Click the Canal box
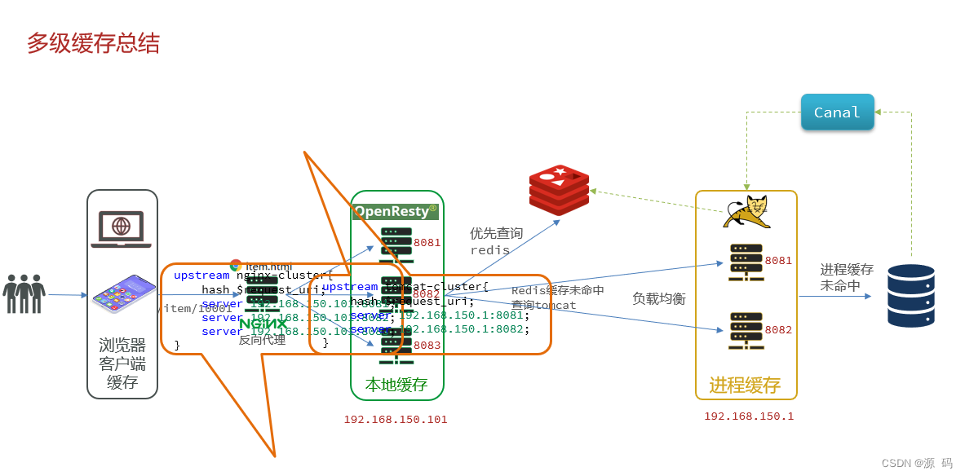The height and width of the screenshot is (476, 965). pyautogui.click(x=837, y=112)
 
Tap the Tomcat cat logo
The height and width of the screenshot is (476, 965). pyautogui.click(x=746, y=213)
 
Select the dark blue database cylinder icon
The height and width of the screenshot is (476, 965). pyautogui.click(x=911, y=296)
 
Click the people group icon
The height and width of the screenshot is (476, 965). pyautogui.click(x=24, y=293)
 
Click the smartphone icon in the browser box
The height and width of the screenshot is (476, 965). pyautogui.click(x=122, y=294)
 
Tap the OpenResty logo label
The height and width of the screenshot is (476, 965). pyautogui.click(x=396, y=212)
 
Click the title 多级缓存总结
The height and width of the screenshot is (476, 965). pyautogui.click(x=93, y=43)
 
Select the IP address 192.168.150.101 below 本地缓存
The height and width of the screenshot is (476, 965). pyautogui.click(x=396, y=420)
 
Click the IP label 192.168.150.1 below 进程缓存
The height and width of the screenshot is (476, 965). pyautogui.click(x=749, y=416)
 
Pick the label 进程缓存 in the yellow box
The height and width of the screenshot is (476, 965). pyautogui.click(x=745, y=386)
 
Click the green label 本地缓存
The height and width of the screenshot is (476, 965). pyautogui.click(x=396, y=385)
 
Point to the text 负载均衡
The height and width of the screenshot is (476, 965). pyautogui.click(x=659, y=299)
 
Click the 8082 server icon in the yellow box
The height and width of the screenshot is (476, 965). pyautogui.click(x=746, y=330)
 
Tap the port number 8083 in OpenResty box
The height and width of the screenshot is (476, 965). pyautogui.click(x=427, y=346)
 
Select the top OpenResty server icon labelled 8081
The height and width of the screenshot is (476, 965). pyautogui.click(x=396, y=242)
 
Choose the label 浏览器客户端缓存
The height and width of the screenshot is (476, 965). pyautogui.click(x=122, y=364)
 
